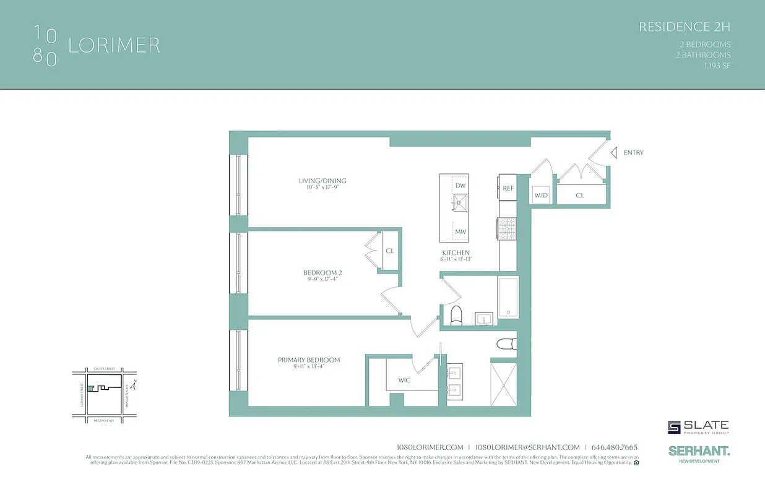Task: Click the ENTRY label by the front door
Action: point(633,152)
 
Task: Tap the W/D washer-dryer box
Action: point(541,196)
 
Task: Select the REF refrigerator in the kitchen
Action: point(508,188)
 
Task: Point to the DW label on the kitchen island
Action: point(460,186)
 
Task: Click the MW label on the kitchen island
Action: point(460,232)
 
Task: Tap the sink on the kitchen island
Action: point(460,202)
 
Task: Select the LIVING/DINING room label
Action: point(322,181)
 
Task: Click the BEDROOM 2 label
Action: point(322,273)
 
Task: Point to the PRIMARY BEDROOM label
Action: point(309,360)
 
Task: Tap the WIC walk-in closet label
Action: point(404,380)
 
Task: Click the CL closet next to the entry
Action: point(580,195)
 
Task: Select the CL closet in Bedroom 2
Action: point(390,251)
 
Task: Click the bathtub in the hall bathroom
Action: point(508,297)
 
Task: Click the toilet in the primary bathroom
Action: point(506,345)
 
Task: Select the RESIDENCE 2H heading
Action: point(685,27)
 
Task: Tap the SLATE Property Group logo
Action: point(698,427)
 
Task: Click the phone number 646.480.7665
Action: point(615,447)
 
